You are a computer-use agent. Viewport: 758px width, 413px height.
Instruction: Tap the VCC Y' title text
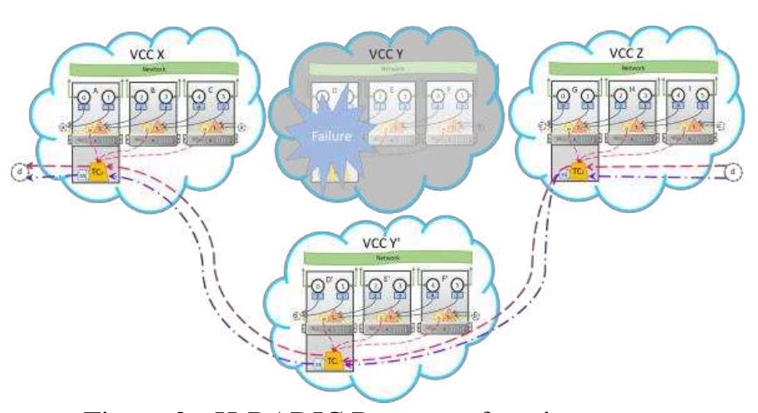(383, 245)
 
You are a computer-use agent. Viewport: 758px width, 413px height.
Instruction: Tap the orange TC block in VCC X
(95, 172)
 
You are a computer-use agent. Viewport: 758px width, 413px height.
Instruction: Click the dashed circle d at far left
(16, 172)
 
